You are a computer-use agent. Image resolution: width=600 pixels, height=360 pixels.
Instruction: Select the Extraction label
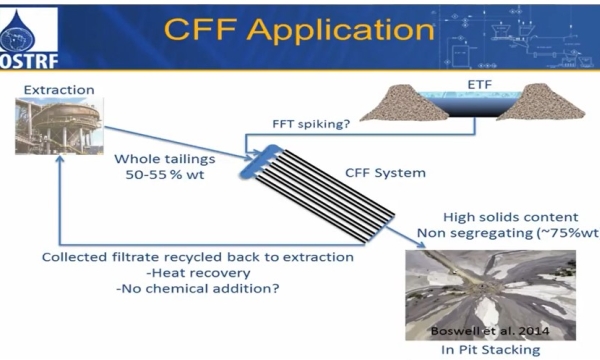[56, 90]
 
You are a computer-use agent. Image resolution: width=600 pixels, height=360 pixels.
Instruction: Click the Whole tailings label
[166, 157]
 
